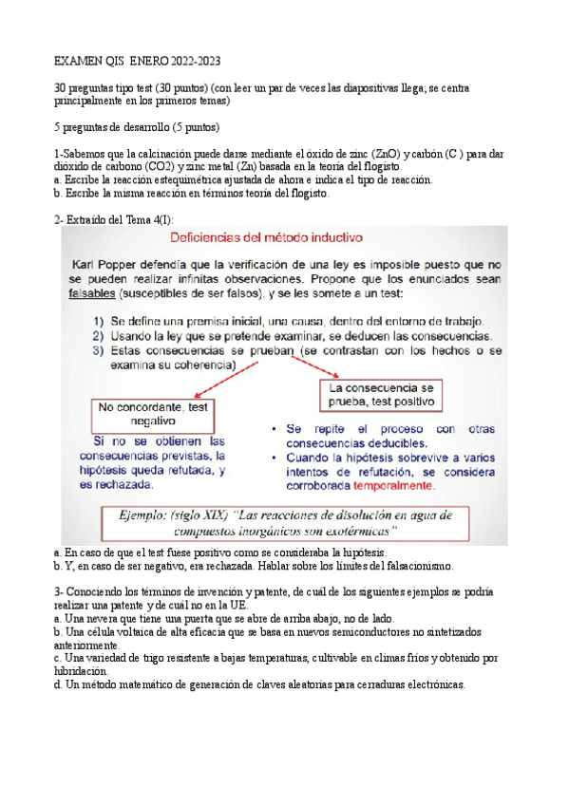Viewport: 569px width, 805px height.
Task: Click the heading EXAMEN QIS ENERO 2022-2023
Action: (x=138, y=61)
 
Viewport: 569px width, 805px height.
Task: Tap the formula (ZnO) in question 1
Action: (x=385, y=153)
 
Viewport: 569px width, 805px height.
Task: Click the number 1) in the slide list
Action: (x=98, y=322)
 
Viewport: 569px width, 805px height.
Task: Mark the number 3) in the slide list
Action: (x=98, y=350)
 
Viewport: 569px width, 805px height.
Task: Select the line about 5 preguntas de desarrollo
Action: (x=139, y=127)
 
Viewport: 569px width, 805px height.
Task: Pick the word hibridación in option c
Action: (x=82, y=670)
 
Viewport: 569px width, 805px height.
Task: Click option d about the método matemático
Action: (x=259, y=684)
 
